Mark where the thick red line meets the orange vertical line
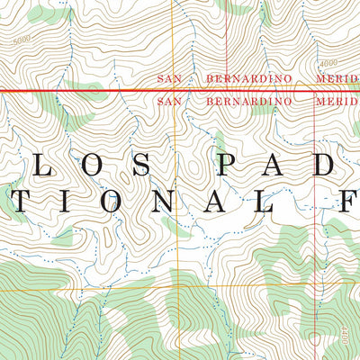pos(177,90)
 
